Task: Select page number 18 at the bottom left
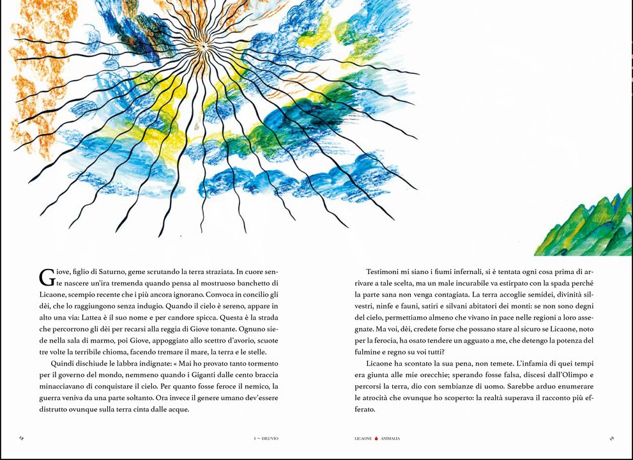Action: (22, 438)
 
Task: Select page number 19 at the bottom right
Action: (611, 438)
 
